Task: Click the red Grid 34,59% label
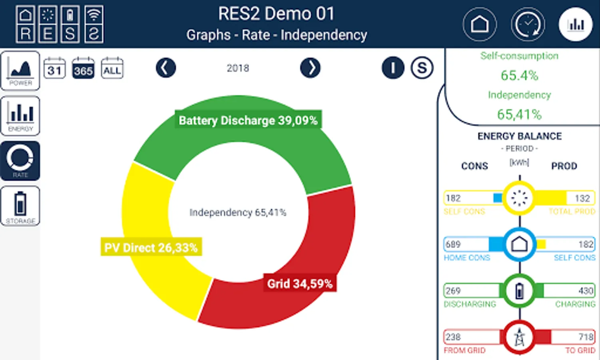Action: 299,284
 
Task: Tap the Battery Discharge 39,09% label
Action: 248,120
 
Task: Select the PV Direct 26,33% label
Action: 151,248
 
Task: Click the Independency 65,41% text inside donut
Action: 238,212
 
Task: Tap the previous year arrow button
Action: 165,68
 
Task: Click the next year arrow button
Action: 310,68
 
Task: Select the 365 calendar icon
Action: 83,68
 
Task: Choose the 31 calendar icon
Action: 54,68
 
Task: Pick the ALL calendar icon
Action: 112,68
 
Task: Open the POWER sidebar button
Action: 20,70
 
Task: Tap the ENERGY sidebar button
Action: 20,116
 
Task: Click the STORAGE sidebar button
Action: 20,206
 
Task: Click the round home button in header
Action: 480,24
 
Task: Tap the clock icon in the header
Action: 528,24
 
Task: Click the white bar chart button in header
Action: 576,24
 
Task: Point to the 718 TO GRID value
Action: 586,337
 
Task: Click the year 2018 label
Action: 238,68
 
